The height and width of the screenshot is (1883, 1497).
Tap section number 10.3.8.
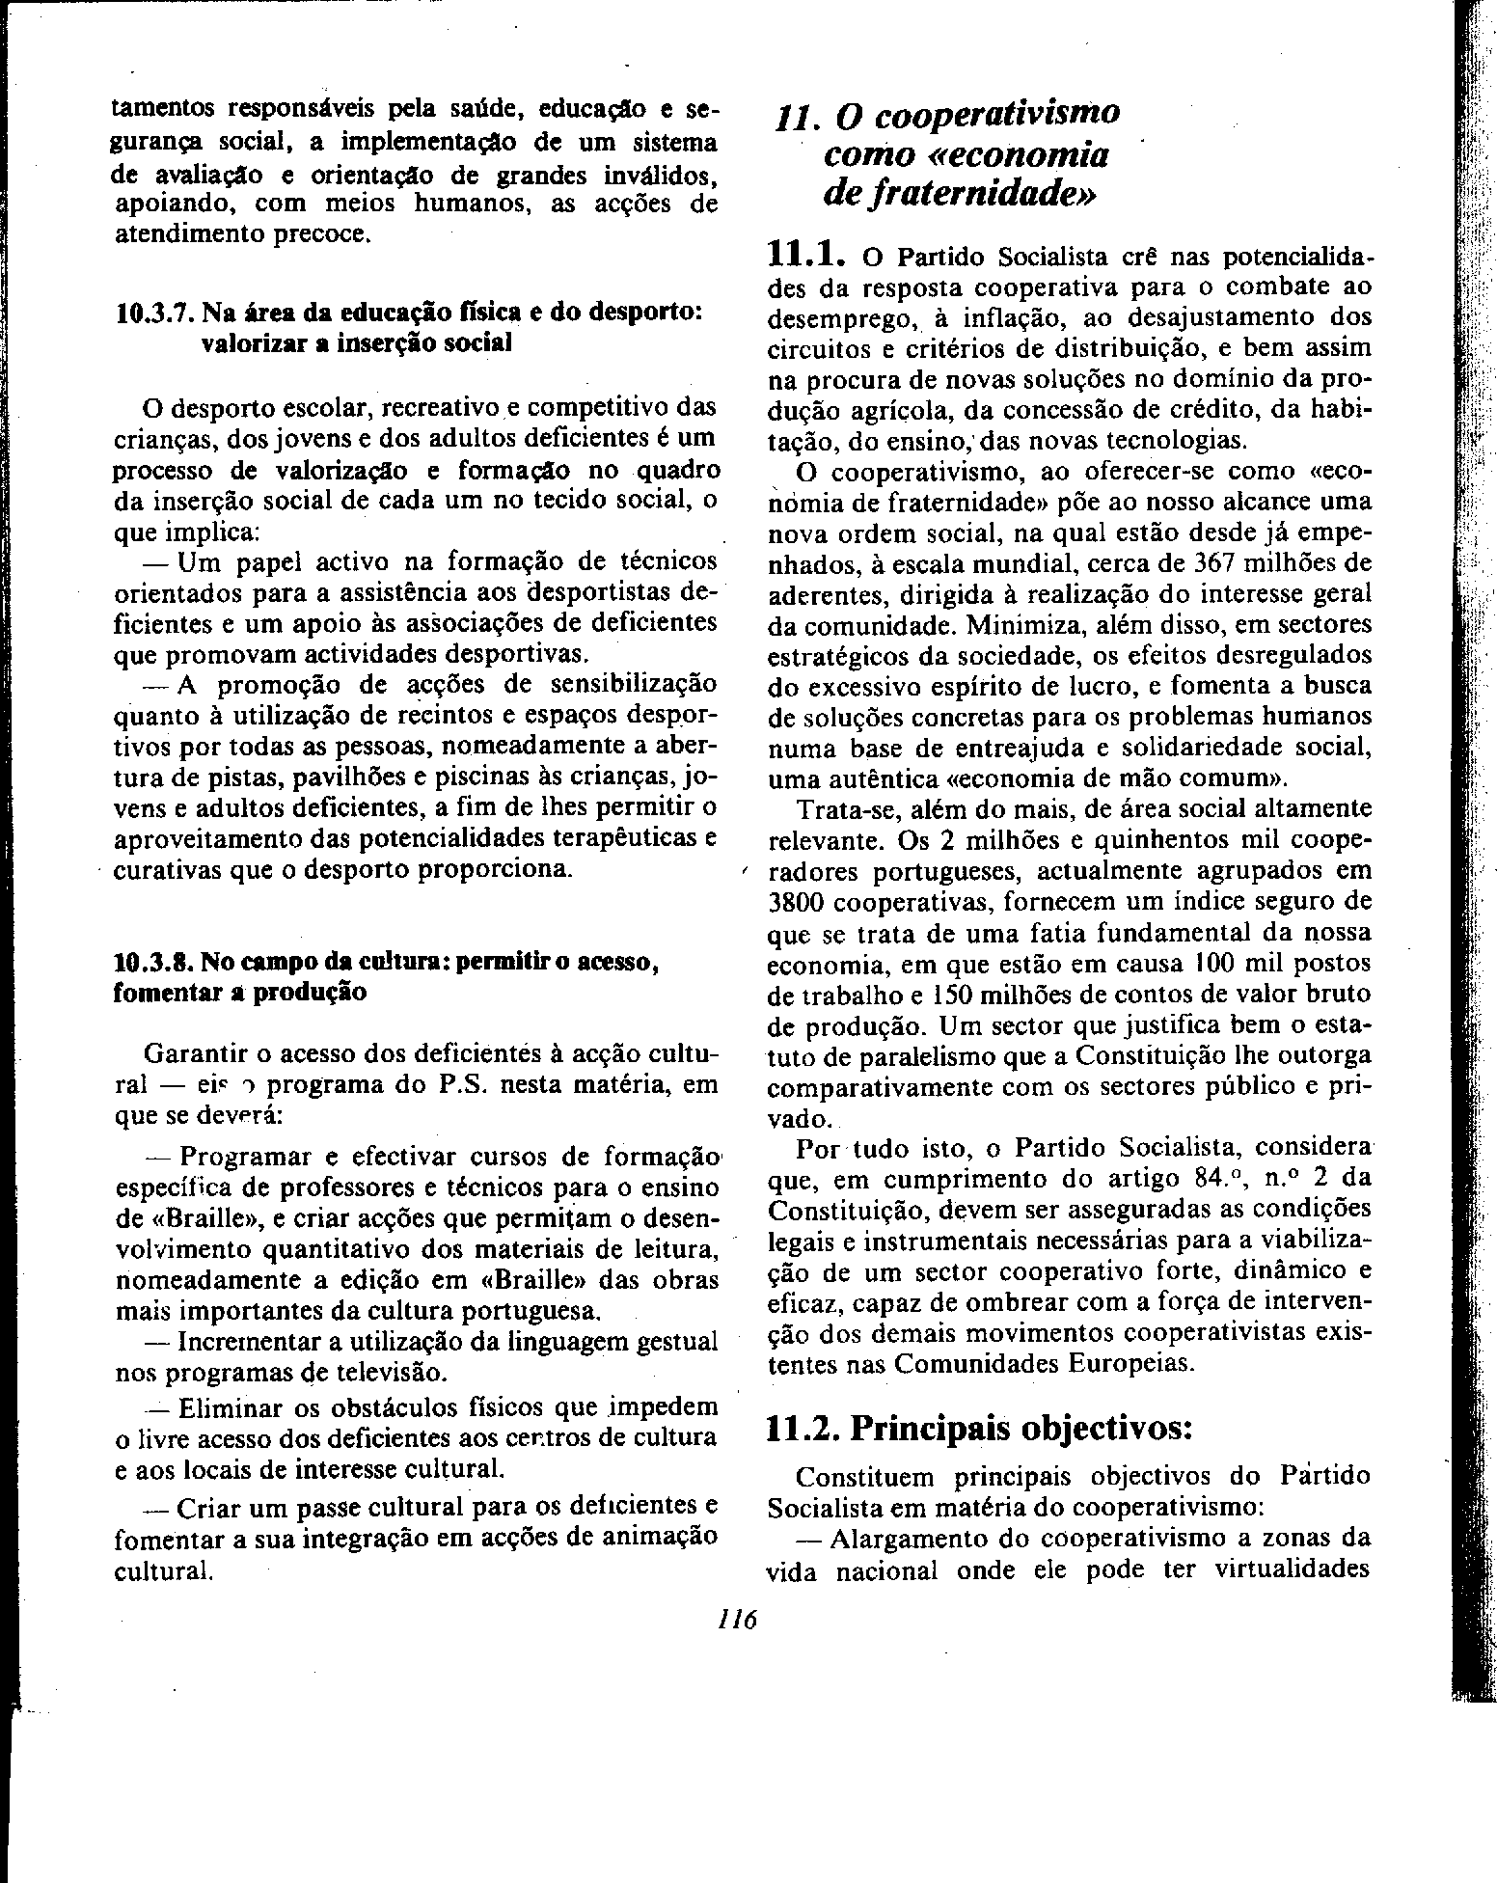point(151,962)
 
